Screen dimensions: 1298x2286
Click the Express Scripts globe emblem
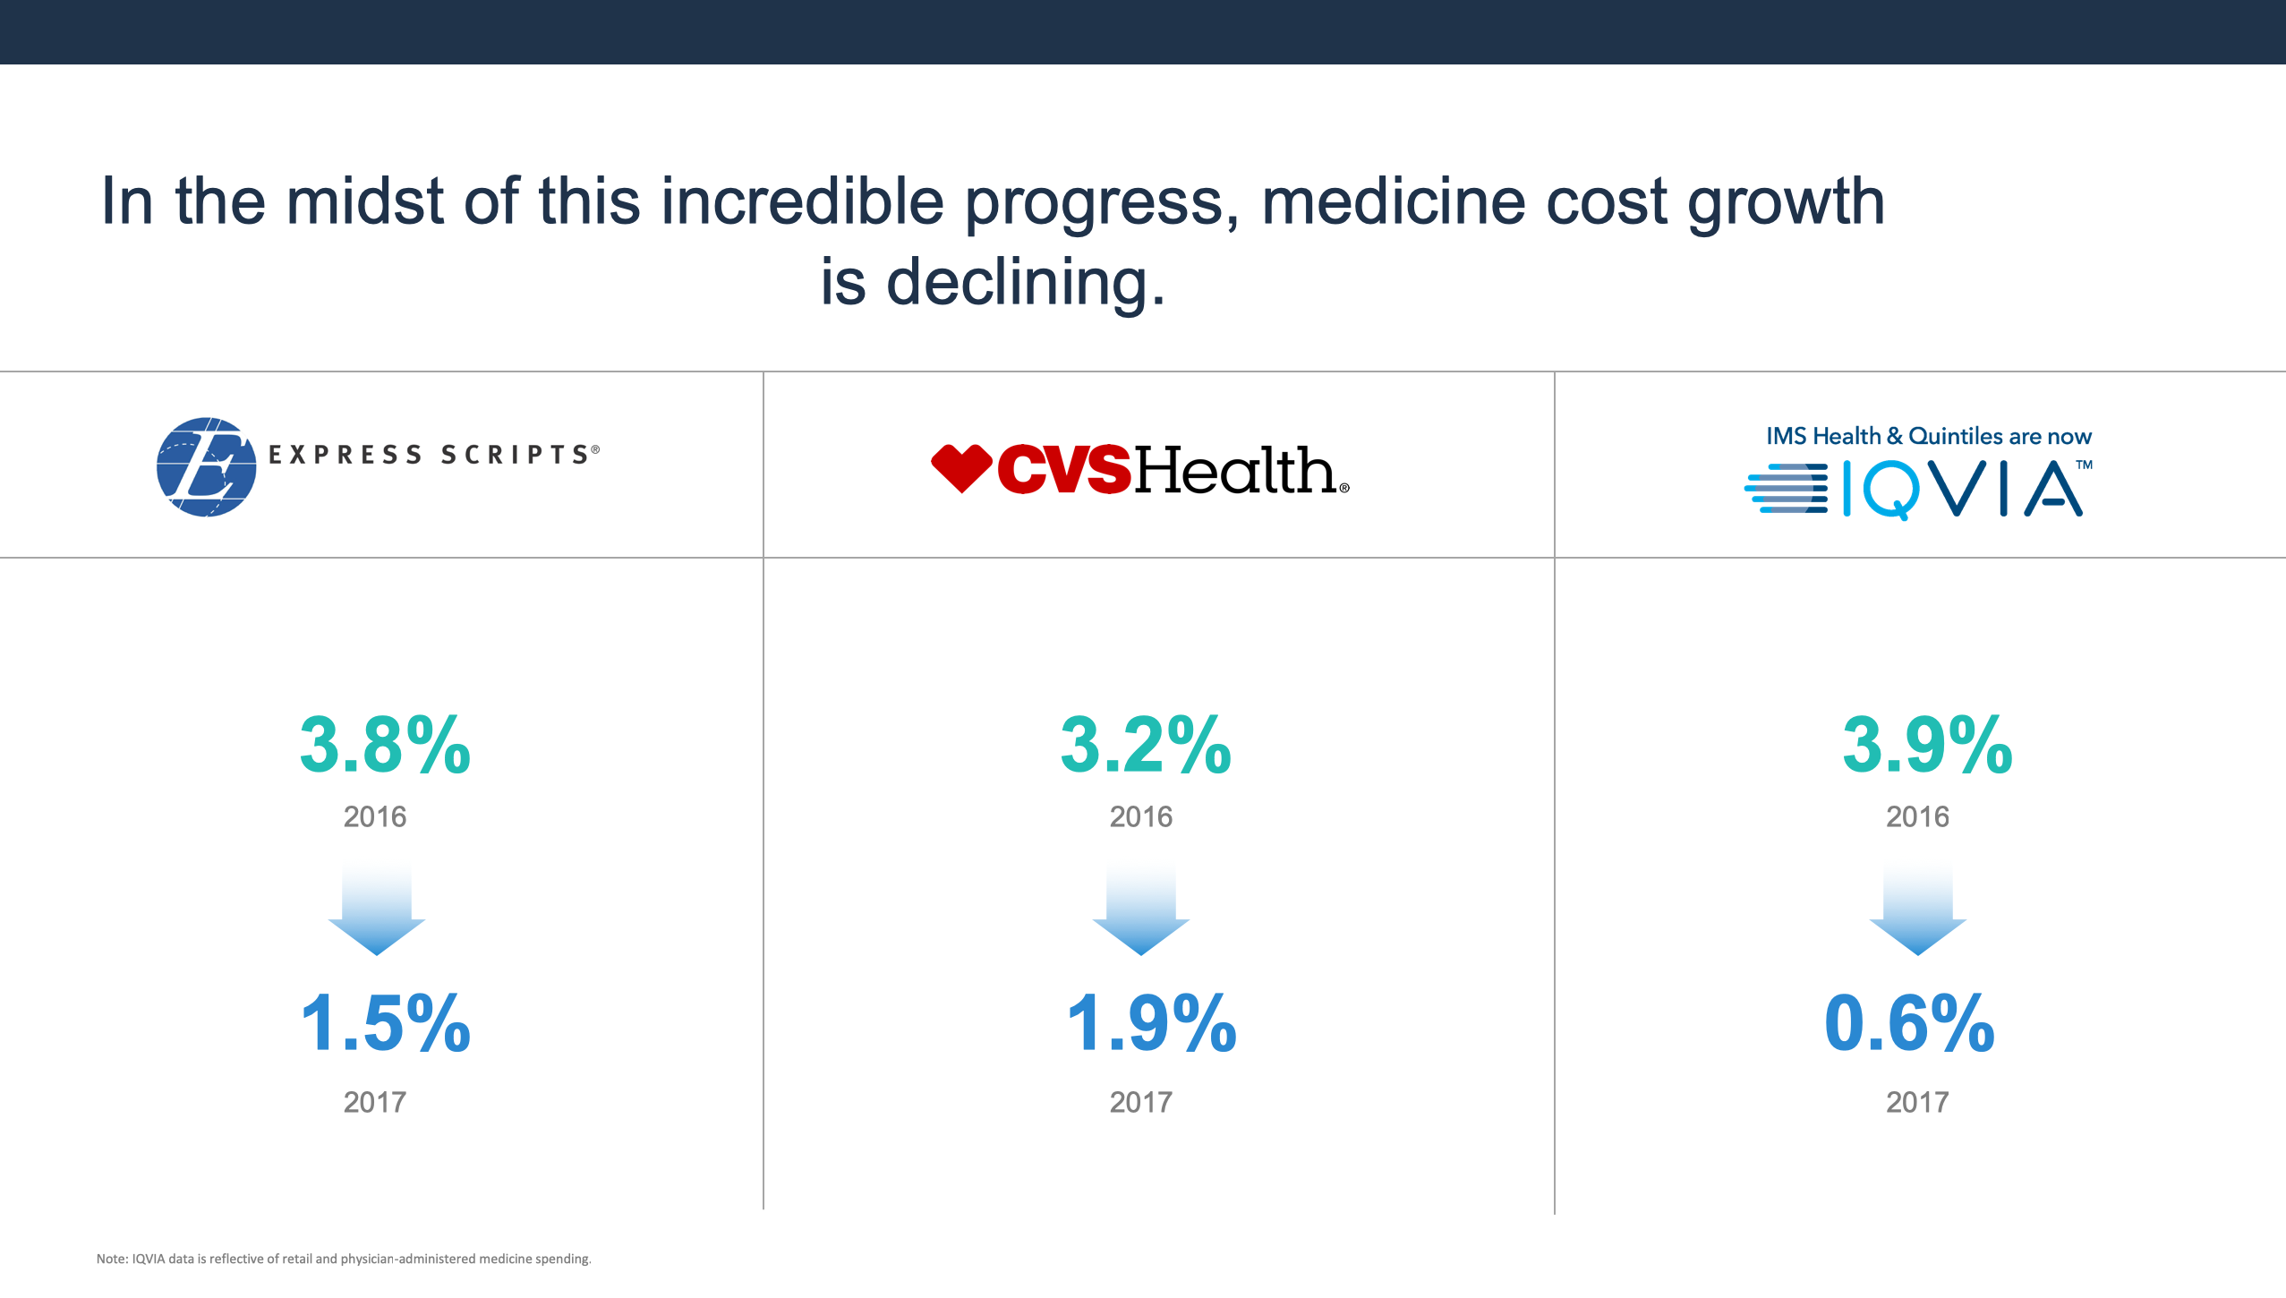pos(206,466)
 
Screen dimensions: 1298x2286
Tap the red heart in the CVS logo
pos(961,467)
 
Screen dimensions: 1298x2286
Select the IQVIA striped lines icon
pos(1786,488)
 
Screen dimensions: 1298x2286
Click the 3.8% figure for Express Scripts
pos(385,745)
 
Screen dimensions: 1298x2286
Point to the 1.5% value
pos(385,1024)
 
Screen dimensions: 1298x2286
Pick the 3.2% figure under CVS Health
pos(1146,745)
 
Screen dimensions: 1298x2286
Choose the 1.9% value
pos(1151,1024)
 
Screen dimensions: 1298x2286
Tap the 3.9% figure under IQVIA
pos(1927,745)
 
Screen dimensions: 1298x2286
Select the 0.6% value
pos(1909,1024)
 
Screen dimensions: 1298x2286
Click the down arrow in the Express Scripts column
pos(377,913)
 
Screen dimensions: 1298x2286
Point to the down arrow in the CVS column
pos(1141,913)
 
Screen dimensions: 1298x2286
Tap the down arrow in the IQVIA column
pos(1917,913)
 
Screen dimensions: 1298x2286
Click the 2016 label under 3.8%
pos(375,816)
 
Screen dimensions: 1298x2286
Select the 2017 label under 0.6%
pos(1917,1102)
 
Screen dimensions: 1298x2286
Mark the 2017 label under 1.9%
pos(1141,1102)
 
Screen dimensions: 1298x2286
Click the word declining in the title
pos(1025,283)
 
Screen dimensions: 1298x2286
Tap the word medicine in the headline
pos(1393,201)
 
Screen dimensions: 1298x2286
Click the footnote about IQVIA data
pos(344,1259)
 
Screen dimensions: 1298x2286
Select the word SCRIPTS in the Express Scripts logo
pos(515,455)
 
